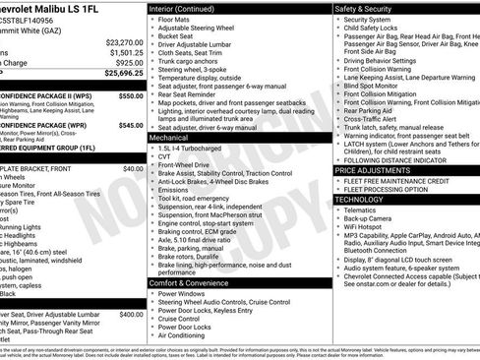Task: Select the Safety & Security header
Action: point(369,8)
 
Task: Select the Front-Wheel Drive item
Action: point(185,168)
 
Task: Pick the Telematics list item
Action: point(361,210)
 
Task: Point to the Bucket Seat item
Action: point(177,36)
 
